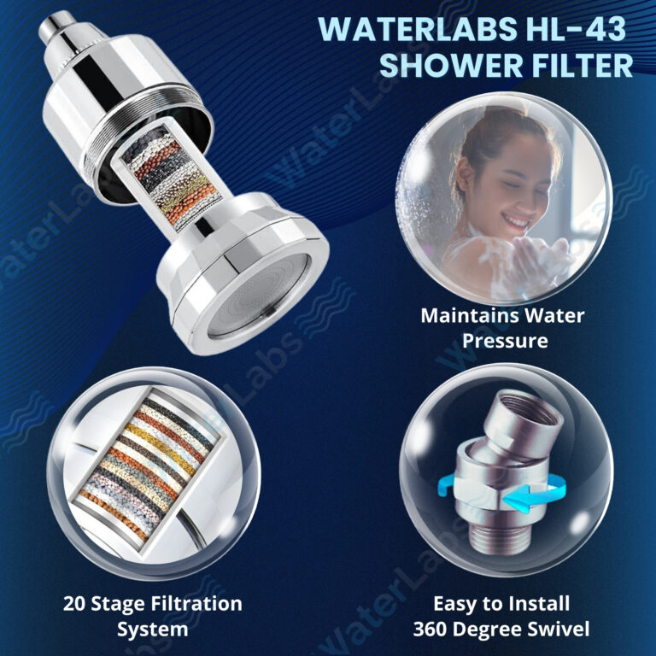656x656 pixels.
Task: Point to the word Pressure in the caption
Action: point(505,341)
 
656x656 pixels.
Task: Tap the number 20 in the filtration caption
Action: point(74,604)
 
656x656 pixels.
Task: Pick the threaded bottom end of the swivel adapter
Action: point(495,540)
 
